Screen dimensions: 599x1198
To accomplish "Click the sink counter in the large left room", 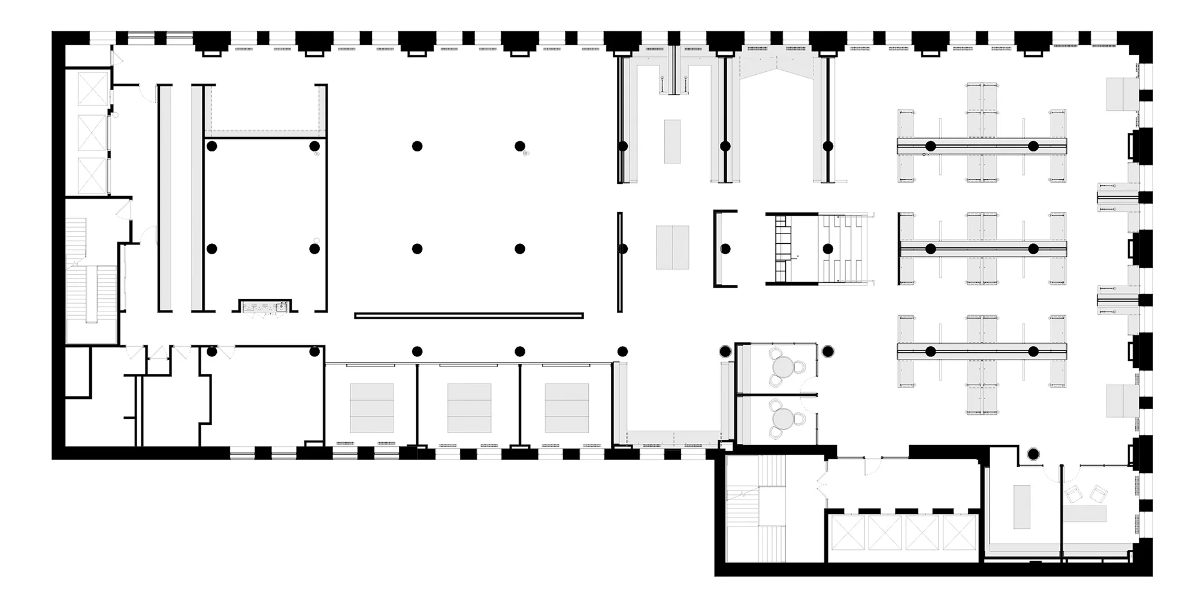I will pyautogui.click(x=265, y=307).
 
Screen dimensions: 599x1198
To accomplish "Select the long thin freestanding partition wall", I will pyautogui.click(x=468, y=316).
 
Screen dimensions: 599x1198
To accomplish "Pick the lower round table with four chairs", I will pyautogui.click(x=782, y=418).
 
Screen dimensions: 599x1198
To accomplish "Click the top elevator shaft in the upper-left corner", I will pyautogui.click(x=92, y=88).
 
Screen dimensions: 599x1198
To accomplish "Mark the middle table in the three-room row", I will pyautogui.click(x=469, y=408).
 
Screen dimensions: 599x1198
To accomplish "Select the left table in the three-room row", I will pyautogui.click(x=371, y=408).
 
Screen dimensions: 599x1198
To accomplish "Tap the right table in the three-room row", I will pyautogui.click(x=567, y=408).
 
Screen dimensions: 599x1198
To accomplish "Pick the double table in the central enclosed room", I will pyautogui.click(x=672, y=247).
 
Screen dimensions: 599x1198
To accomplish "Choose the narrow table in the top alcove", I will pyautogui.click(x=672, y=141).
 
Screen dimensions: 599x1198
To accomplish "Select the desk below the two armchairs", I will pyautogui.click(x=1085, y=514).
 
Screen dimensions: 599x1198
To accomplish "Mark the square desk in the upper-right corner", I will pyautogui.click(x=1122, y=94).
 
